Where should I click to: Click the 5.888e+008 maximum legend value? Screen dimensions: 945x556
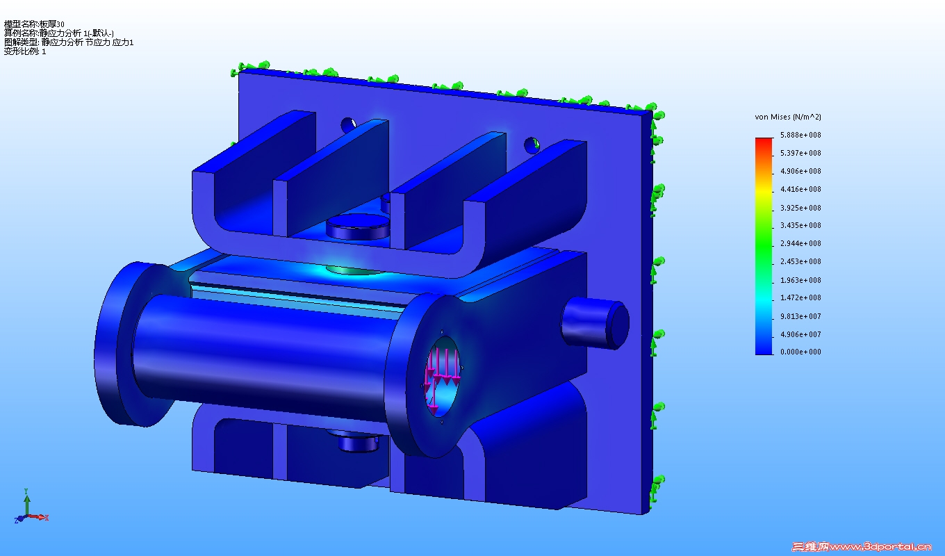point(800,135)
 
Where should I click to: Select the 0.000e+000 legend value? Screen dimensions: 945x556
point(800,352)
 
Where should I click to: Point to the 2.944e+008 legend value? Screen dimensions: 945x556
point(800,243)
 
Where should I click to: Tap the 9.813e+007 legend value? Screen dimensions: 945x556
point(800,316)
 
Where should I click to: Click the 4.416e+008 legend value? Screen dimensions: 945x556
point(800,189)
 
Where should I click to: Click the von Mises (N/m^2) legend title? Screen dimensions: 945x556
point(788,117)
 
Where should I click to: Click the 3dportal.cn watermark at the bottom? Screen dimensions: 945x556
point(861,547)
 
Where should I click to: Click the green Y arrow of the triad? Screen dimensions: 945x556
point(27,503)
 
